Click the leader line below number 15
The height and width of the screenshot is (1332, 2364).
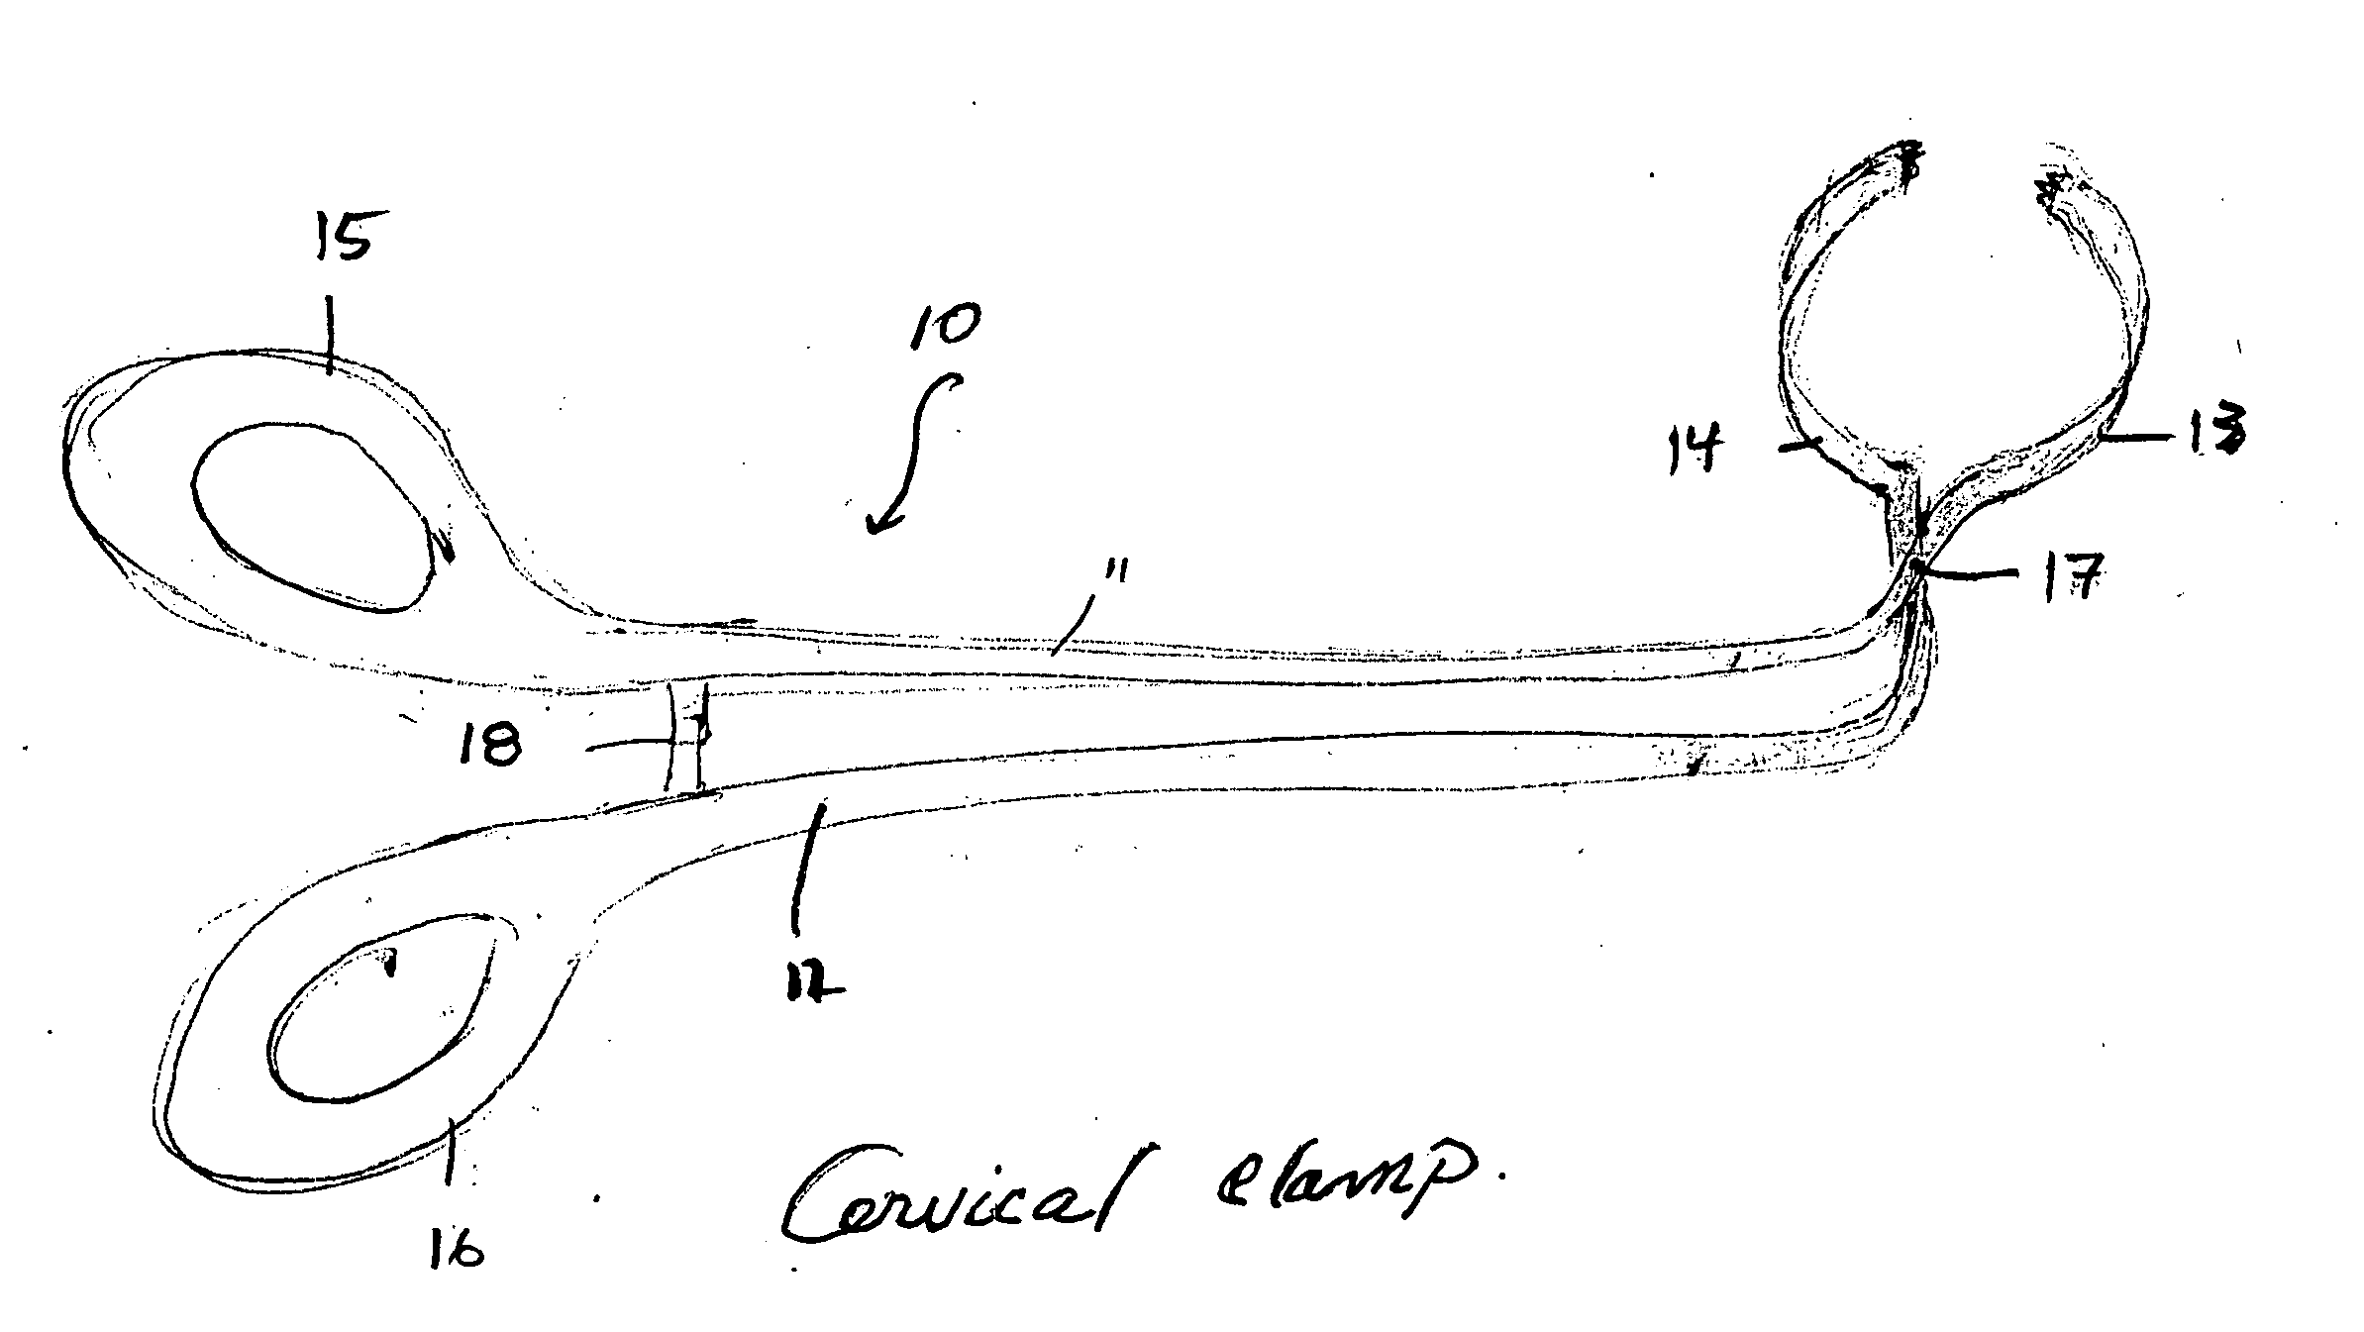(330, 338)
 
